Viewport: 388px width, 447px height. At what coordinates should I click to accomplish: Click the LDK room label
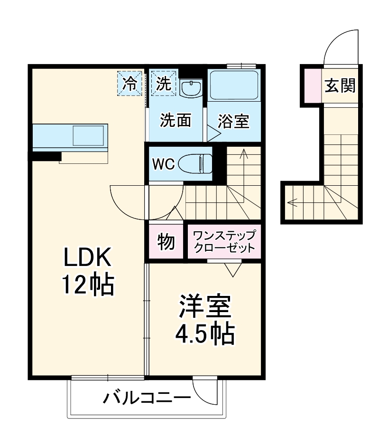[88, 258]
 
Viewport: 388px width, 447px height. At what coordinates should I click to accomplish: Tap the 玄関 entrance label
[340, 86]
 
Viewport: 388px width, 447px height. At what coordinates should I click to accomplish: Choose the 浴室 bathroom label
[233, 122]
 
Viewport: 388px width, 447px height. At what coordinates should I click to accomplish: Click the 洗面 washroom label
[175, 121]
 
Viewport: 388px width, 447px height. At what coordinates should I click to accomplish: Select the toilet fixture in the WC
[196, 164]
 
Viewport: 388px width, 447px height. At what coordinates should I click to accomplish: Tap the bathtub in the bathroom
[233, 86]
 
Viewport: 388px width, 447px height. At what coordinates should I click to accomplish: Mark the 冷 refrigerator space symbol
[129, 84]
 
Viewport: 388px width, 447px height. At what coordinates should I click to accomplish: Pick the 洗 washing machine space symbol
[164, 84]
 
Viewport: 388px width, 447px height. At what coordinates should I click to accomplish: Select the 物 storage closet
[166, 242]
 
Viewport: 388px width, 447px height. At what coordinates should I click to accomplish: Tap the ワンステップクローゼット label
[224, 241]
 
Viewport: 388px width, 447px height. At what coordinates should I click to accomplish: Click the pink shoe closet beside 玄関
[312, 86]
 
